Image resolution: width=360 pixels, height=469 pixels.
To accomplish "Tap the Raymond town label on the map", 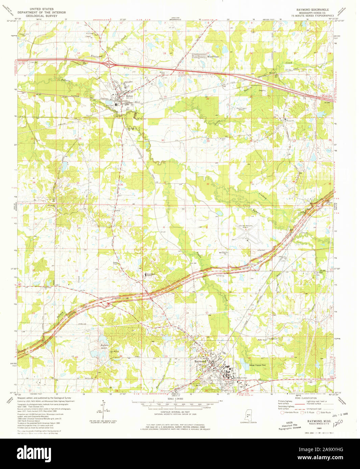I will point(200,361).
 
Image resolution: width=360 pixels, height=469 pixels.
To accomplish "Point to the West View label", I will point(213,57).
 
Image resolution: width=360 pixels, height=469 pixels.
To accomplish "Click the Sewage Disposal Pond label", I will point(258,365).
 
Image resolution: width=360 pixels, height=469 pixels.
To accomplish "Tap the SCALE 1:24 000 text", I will point(175,399).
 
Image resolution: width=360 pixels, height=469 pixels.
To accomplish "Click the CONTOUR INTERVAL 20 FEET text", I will point(175,411).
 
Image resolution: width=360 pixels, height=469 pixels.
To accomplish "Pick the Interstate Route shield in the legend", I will point(282,412).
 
